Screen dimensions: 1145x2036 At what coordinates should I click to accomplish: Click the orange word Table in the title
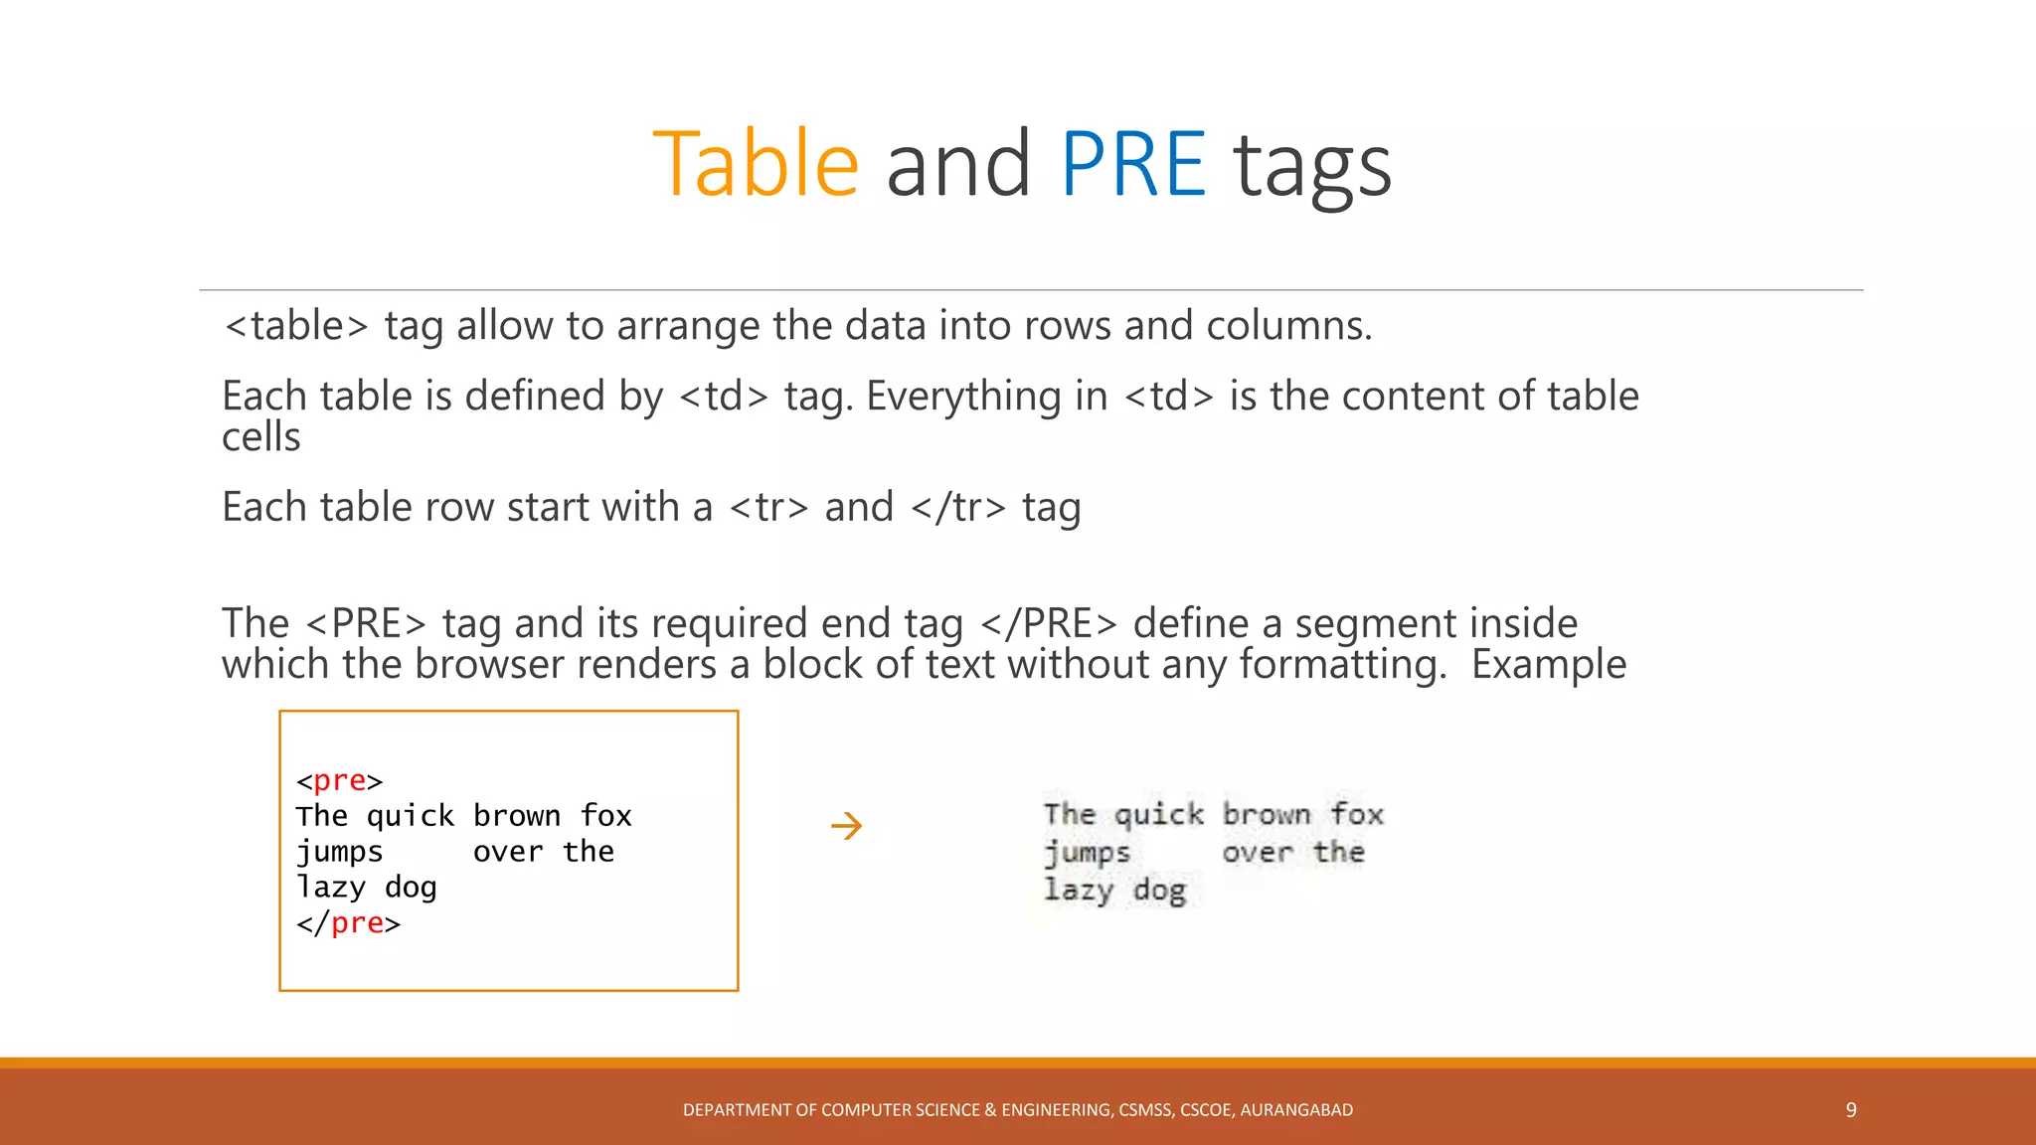tap(756, 164)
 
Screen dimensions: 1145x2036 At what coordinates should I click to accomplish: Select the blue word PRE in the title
tap(1133, 164)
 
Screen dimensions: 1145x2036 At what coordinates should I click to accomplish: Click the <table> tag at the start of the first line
tap(296, 326)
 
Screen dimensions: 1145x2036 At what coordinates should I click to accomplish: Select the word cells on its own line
tap(260, 437)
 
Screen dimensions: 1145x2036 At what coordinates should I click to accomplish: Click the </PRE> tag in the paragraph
tap(1049, 624)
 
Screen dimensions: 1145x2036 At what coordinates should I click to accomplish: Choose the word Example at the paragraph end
tap(1549, 665)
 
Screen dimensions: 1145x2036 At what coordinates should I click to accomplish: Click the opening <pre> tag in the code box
tap(339, 781)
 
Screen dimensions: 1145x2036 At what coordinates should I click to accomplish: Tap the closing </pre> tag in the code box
tap(348, 923)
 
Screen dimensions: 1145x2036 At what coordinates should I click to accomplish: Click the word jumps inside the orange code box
tap(339, 852)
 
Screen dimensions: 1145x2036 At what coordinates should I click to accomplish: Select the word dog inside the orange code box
tap(411, 888)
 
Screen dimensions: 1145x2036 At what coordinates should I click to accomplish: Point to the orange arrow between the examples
tap(846, 826)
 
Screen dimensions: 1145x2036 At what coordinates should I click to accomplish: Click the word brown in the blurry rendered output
tap(1267, 815)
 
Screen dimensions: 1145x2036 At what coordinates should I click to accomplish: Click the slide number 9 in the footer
tap(1851, 1110)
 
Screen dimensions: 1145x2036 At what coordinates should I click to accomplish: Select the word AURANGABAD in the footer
tap(1296, 1110)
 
